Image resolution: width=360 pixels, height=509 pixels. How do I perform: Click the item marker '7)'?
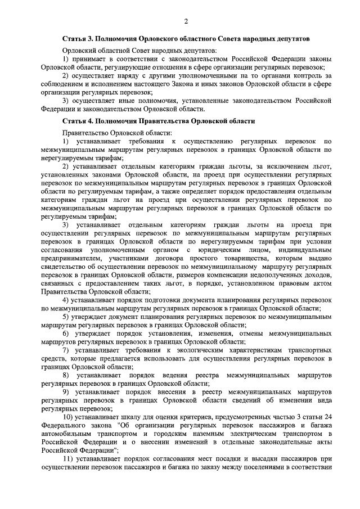coord(65,350)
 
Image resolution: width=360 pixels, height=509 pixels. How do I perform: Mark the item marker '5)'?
coord(65,317)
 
